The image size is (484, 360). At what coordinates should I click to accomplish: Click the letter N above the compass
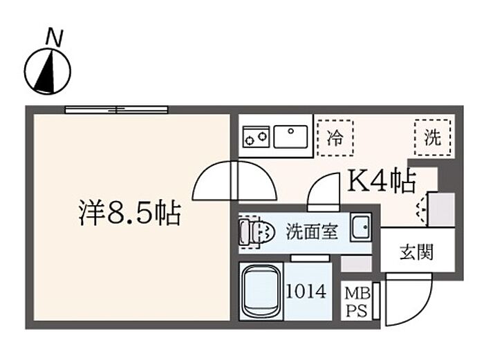pyautogui.click(x=55, y=37)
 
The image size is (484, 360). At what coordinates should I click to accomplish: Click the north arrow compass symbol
pyautogui.click(x=48, y=72)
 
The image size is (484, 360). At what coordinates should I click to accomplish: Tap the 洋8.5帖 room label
pyautogui.click(x=130, y=213)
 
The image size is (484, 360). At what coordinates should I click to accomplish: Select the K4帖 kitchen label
pyautogui.click(x=382, y=182)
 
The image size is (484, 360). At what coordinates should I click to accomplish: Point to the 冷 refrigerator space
pyautogui.click(x=335, y=138)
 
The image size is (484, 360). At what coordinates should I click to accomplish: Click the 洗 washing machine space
pyautogui.click(x=432, y=138)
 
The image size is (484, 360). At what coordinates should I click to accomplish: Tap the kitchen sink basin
pyautogui.click(x=290, y=137)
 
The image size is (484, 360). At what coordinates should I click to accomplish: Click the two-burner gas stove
pyautogui.click(x=256, y=137)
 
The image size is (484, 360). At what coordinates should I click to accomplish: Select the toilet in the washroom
pyautogui.click(x=257, y=231)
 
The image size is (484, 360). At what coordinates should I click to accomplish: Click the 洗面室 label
pyautogui.click(x=312, y=231)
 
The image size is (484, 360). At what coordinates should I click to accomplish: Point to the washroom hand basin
pyautogui.click(x=360, y=227)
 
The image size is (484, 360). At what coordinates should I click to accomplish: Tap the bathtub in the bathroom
pyautogui.click(x=261, y=291)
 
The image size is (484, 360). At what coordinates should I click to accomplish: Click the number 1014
pyautogui.click(x=306, y=291)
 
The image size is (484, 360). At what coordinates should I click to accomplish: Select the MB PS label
pyautogui.click(x=357, y=302)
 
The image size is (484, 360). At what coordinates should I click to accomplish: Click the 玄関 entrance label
pyautogui.click(x=417, y=252)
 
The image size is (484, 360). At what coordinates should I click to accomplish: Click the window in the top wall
pyautogui.click(x=117, y=109)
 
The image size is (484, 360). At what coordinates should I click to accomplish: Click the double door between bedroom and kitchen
pyautogui.click(x=234, y=181)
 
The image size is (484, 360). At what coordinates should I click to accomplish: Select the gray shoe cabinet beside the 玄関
pyautogui.click(x=441, y=210)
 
